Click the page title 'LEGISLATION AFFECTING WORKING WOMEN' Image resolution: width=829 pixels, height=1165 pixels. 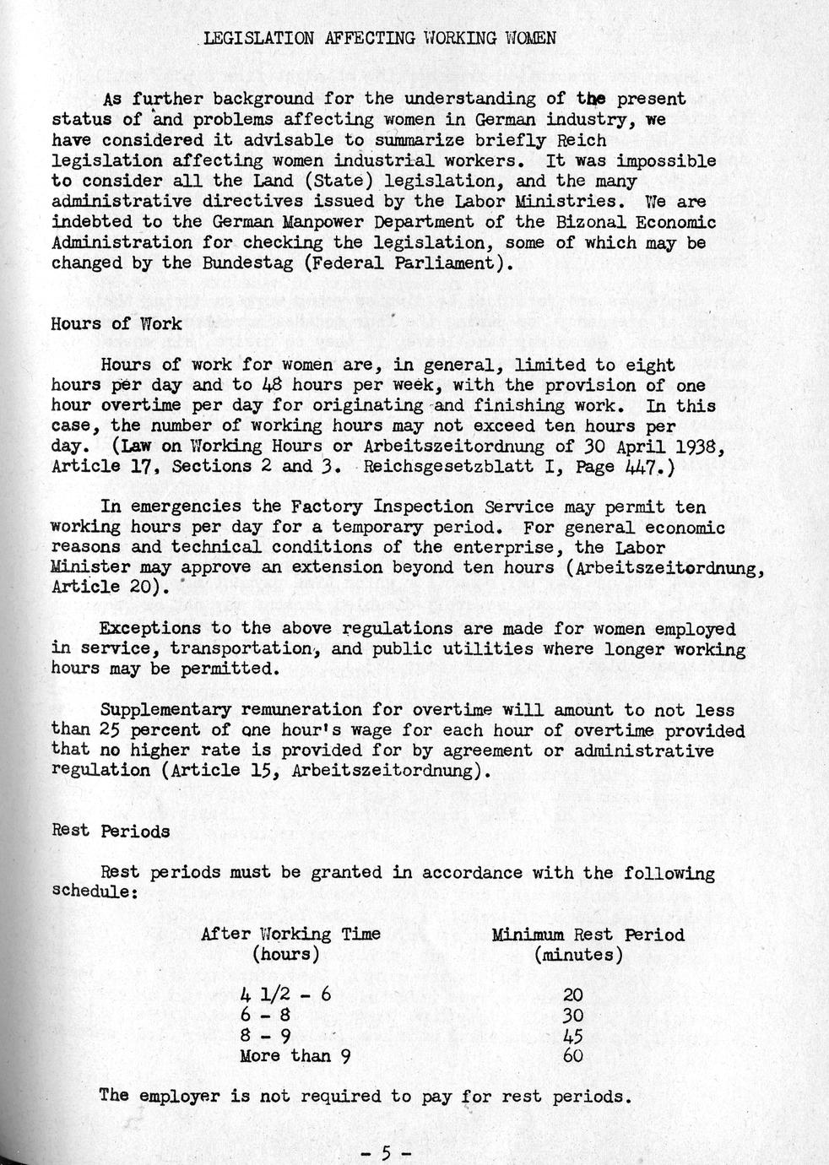coord(379,38)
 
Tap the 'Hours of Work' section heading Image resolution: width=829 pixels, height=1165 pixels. coord(116,323)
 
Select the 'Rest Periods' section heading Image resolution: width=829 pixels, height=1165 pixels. coord(111,831)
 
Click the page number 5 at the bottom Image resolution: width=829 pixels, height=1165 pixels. coord(384,1152)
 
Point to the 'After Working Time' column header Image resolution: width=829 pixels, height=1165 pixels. coord(290,934)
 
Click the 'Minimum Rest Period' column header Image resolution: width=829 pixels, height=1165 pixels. coord(588,935)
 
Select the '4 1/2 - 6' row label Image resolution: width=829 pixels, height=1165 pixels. coord(285,994)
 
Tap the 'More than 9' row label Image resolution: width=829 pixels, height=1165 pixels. coord(295,1055)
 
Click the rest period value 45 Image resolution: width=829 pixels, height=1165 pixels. coord(572,1036)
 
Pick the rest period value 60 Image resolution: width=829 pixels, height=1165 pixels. coord(572,1056)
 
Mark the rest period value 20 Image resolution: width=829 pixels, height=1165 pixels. coord(572,995)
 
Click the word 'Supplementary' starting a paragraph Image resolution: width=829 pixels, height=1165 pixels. coord(165,710)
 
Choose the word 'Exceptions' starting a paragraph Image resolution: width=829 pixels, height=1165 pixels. coord(142,629)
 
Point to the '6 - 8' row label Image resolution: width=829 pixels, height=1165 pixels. coord(265,1015)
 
